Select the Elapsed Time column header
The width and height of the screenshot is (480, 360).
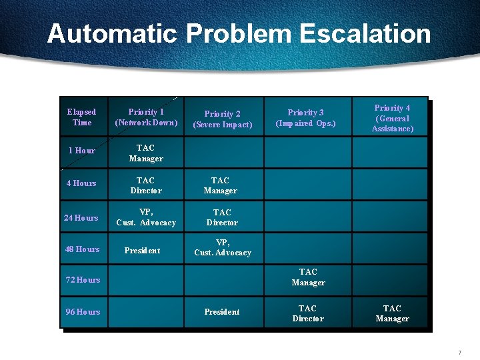click(x=82, y=117)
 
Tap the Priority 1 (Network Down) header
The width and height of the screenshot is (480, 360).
click(x=146, y=117)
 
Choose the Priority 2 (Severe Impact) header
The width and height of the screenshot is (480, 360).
click(x=223, y=119)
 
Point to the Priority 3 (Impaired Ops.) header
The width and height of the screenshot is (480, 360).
click(x=306, y=118)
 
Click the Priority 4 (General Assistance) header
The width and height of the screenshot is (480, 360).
click(x=392, y=118)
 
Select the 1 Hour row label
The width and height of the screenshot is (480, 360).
click(x=82, y=151)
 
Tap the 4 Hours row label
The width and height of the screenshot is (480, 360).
click(x=81, y=183)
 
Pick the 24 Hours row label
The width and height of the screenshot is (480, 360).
click(x=81, y=218)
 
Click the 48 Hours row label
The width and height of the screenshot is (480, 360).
click(x=83, y=249)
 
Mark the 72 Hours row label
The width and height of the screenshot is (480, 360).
click(x=83, y=280)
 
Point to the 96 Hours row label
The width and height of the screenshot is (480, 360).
click(x=83, y=312)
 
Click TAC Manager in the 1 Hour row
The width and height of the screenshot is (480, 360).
click(x=145, y=153)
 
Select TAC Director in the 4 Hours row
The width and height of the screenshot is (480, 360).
click(x=145, y=185)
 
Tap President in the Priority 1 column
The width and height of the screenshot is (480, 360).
click(x=142, y=251)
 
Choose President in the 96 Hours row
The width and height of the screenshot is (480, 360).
click(x=222, y=312)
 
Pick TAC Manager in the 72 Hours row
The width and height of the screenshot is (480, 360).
click(x=308, y=277)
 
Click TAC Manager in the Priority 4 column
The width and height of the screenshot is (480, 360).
click(x=392, y=313)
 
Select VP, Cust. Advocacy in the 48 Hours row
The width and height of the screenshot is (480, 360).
click(x=223, y=248)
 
